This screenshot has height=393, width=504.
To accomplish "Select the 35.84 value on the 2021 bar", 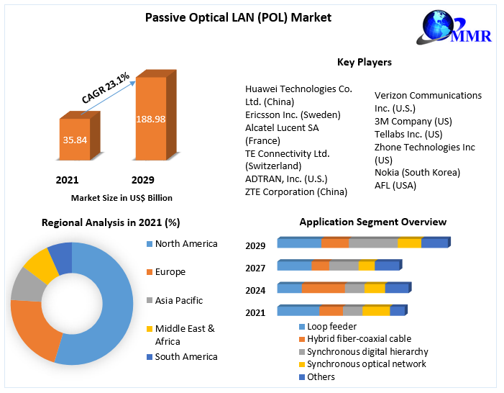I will click(75, 140).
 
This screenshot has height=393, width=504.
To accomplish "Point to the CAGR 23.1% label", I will click(106, 86).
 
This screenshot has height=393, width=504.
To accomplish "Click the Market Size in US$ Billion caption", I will click(122, 197).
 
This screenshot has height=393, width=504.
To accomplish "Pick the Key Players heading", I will click(365, 63).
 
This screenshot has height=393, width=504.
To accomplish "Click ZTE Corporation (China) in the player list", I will click(296, 192).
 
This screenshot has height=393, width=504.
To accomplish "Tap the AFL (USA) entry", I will click(395, 186).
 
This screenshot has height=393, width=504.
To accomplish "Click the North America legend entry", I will click(185, 244).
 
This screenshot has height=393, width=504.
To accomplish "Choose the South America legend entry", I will click(185, 357).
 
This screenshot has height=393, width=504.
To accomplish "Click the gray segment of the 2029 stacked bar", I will click(373, 243).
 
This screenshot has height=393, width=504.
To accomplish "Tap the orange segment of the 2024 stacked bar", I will click(323, 289).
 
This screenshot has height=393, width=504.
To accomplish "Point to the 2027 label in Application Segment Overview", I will click(255, 268).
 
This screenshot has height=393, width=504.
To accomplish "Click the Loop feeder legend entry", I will click(331, 326).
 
